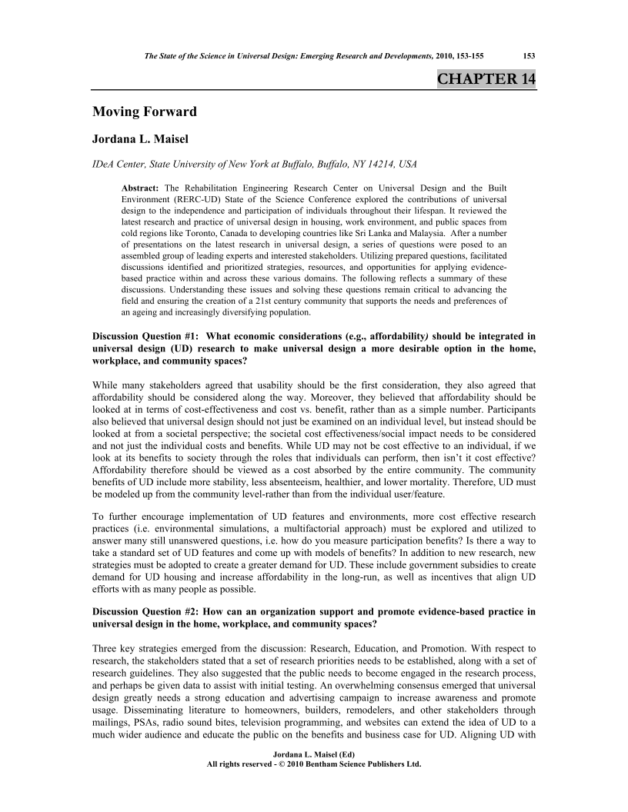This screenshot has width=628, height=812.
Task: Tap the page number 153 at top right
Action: point(529,55)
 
